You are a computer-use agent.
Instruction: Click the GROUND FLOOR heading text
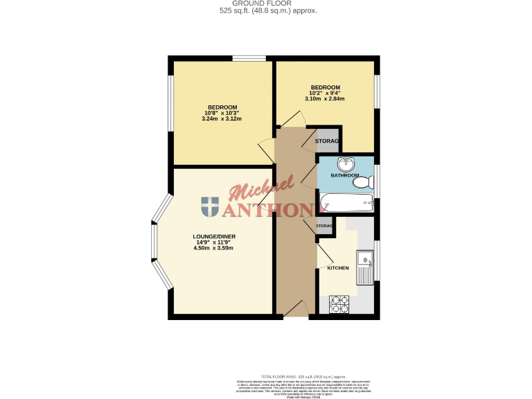pyautogui.click(x=266, y=3)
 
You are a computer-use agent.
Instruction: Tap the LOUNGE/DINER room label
pyautogui.click(x=213, y=236)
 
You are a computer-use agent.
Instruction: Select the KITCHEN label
pyautogui.click(x=337, y=268)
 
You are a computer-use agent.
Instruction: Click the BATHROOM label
pyautogui.click(x=344, y=175)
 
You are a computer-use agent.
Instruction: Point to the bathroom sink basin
pyautogui.click(x=345, y=164)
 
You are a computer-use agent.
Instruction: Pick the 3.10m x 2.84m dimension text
pyautogui.click(x=324, y=99)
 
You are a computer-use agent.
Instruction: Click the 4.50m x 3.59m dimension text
pyautogui.click(x=213, y=247)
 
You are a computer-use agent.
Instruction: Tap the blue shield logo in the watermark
pyautogui.click(x=210, y=206)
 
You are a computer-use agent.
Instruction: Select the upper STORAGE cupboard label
pyautogui.click(x=327, y=141)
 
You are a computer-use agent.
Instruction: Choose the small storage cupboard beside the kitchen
pyautogui.click(x=324, y=227)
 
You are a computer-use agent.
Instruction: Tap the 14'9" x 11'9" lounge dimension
pyautogui.click(x=213, y=242)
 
